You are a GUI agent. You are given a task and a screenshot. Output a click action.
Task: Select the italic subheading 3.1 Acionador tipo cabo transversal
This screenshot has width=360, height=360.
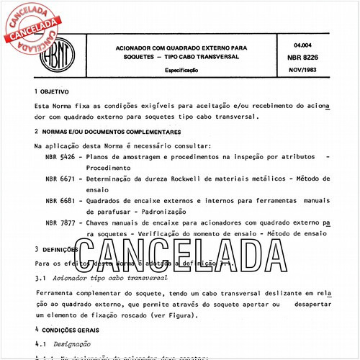[102, 277]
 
